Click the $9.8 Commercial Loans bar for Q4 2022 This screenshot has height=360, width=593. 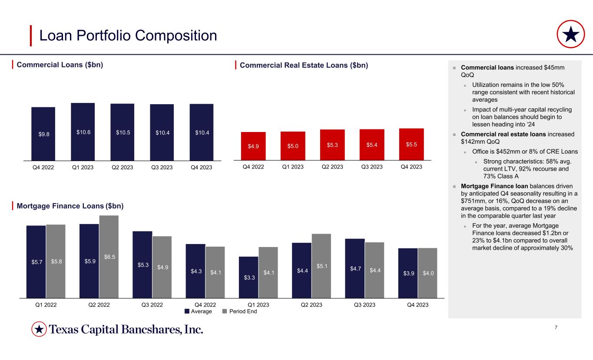pos(43,133)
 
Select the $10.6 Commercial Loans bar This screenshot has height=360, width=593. pos(83,131)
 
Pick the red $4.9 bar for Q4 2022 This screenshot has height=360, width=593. pos(253,145)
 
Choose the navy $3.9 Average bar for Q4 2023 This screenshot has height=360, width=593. pos(407,273)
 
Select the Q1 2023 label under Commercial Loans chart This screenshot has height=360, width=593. pos(83,167)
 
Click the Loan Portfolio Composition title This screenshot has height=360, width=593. pos(128,36)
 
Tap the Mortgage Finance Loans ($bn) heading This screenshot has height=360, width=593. pos(70,206)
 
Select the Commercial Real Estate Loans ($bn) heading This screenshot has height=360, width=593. pos(304,65)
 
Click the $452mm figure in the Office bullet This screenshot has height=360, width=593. pos(510,152)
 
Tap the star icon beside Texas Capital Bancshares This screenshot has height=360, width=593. pos(39,330)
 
